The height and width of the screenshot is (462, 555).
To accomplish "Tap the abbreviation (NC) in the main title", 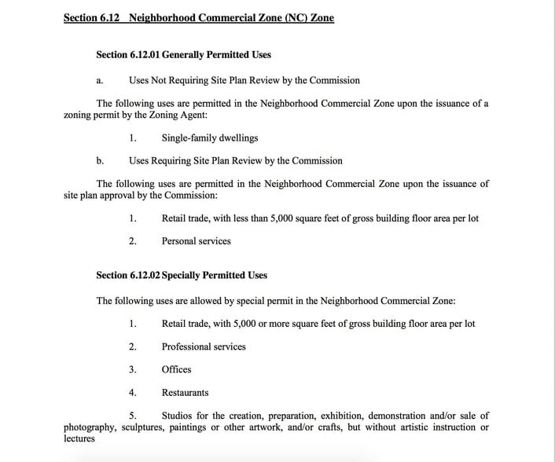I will (x=271, y=17).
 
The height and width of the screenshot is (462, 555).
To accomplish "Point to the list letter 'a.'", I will (x=100, y=80).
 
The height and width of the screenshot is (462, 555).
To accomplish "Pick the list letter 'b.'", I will (x=100, y=160).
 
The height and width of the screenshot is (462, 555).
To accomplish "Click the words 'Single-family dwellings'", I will (x=210, y=137).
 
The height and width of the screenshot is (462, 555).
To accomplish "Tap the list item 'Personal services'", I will (x=197, y=241).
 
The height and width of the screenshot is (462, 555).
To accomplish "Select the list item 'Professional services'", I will (x=204, y=346).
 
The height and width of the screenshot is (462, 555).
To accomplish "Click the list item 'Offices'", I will (x=176, y=369).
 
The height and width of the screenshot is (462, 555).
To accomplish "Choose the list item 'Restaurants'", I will (x=186, y=392).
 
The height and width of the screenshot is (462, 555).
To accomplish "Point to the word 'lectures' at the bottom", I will (x=79, y=438).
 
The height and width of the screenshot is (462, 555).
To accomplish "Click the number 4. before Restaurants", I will (x=133, y=392).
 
